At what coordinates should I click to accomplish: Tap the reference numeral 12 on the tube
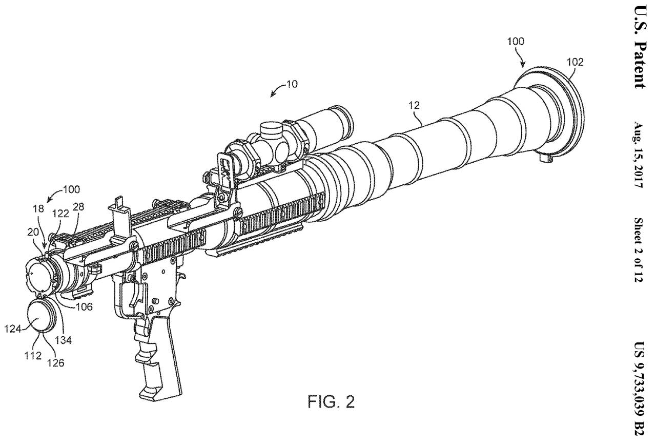click(414, 106)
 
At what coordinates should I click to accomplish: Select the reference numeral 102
click(575, 63)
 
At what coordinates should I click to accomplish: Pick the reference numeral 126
click(56, 362)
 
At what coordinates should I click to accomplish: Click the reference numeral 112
click(34, 355)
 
